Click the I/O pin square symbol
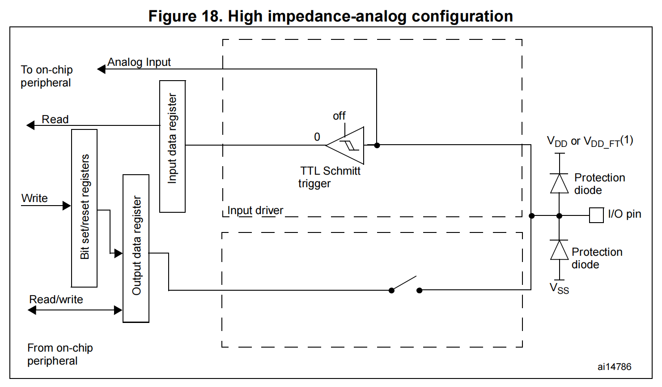click(x=596, y=215)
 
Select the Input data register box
click(x=172, y=146)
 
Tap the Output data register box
click(x=136, y=248)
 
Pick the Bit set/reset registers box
click(x=84, y=208)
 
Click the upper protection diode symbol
click(x=559, y=184)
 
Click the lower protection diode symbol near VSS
click(x=559, y=250)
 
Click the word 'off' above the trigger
click(x=339, y=116)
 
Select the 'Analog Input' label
click(x=139, y=62)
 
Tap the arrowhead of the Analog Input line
click(x=102, y=69)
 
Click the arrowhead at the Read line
click(x=30, y=125)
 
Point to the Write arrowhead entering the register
click(x=67, y=206)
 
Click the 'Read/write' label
click(x=56, y=300)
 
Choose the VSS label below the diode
click(x=559, y=288)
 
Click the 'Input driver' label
click(x=255, y=211)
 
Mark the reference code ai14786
click(x=614, y=367)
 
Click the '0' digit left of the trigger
click(x=317, y=137)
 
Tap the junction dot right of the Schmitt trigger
click(x=377, y=145)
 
